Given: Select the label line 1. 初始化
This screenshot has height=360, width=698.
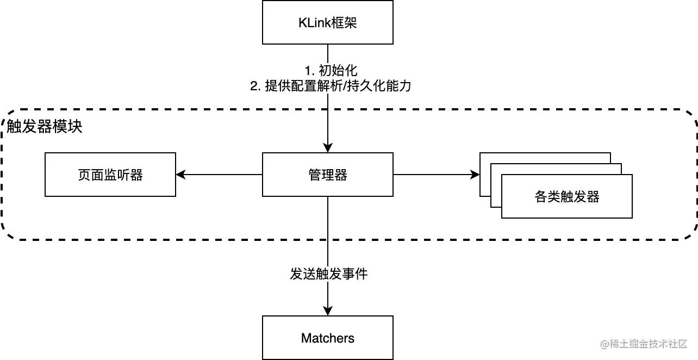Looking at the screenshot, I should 331,70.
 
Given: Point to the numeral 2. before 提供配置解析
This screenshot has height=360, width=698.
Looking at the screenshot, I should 255,86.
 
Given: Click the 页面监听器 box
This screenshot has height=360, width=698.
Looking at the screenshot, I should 110,175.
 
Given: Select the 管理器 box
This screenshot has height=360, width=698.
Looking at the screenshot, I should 328,175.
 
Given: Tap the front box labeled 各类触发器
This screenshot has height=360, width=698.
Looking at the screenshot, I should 567,197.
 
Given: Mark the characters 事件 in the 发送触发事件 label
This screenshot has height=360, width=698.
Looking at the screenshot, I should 355,274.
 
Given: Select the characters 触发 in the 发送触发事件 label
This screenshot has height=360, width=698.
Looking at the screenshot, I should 328,274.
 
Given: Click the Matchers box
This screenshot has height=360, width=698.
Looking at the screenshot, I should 328,338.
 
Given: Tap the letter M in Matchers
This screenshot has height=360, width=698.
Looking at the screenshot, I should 306,338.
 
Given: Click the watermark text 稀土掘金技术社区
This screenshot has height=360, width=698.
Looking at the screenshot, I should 648,344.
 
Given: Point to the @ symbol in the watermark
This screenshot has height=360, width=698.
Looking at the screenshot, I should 603,344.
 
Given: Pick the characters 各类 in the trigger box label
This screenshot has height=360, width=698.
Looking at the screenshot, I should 547,197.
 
